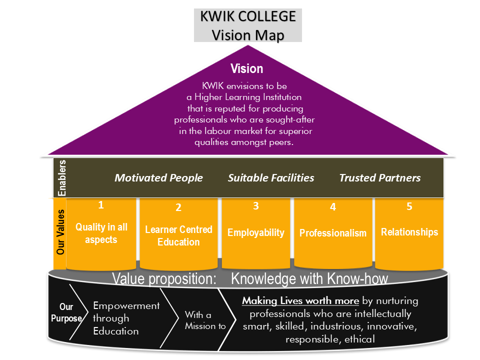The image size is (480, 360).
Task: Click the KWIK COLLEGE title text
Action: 248,16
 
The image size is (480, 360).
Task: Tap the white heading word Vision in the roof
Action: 246,68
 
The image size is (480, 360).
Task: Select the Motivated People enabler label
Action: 159,178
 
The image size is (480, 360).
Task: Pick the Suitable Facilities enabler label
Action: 271,178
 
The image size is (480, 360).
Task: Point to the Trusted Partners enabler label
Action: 380,178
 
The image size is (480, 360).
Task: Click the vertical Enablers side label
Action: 62,178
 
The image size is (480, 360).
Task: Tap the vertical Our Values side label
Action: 60,232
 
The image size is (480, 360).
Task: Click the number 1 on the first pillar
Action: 100,204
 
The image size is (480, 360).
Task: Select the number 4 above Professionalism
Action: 333,206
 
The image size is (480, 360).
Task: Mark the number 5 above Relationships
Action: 409,206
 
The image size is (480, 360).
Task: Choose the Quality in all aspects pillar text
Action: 101,233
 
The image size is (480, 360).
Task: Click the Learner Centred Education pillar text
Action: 178,235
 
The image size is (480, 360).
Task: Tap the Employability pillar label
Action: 255,232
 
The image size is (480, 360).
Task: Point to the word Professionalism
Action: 333,233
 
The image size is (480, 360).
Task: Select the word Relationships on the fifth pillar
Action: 409,232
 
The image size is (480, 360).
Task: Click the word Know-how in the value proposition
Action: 359,278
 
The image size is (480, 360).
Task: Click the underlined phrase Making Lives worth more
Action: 300,301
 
